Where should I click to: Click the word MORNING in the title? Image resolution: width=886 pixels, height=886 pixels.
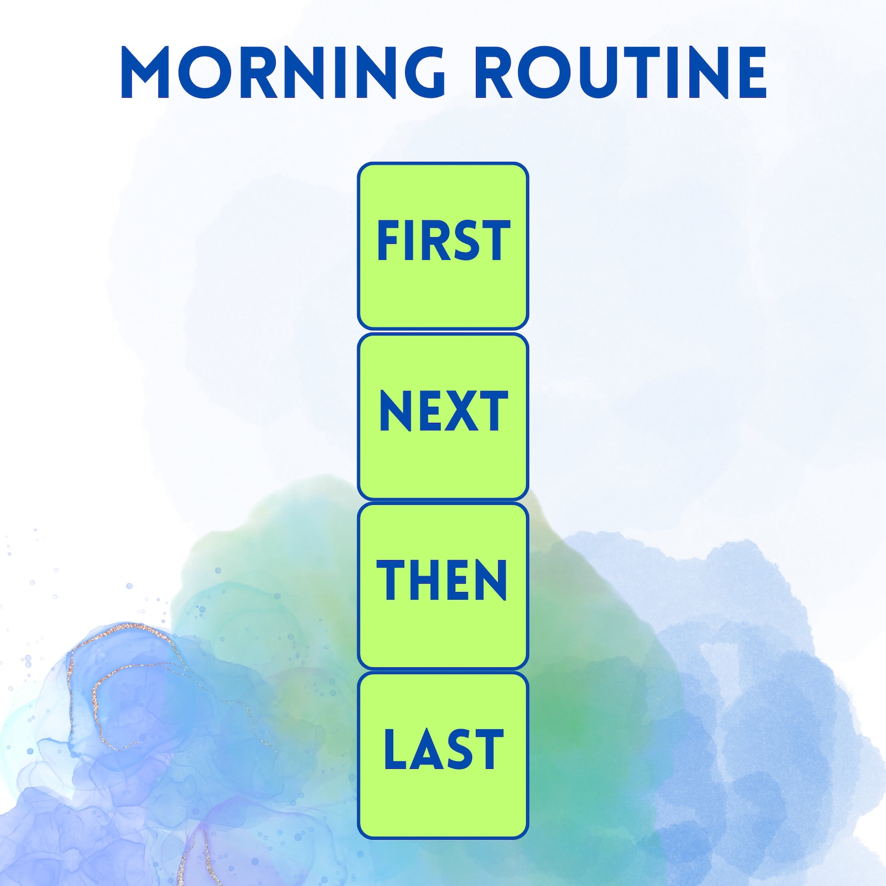click(x=282, y=73)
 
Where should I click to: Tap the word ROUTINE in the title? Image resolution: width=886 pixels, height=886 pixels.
click(x=623, y=73)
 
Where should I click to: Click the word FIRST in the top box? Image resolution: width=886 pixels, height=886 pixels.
click(x=444, y=240)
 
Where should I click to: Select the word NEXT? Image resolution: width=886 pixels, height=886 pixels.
click(x=444, y=411)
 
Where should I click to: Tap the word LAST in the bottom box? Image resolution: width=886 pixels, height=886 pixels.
click(x=444, y=750)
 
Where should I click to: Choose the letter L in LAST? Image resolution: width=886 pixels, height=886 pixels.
click(x=396, y=750)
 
